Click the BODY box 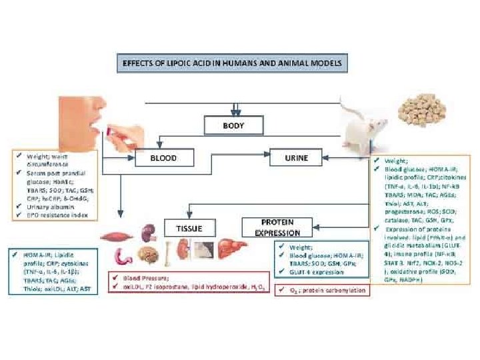click(233, 125)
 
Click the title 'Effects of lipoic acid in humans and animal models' click(232, 63)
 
